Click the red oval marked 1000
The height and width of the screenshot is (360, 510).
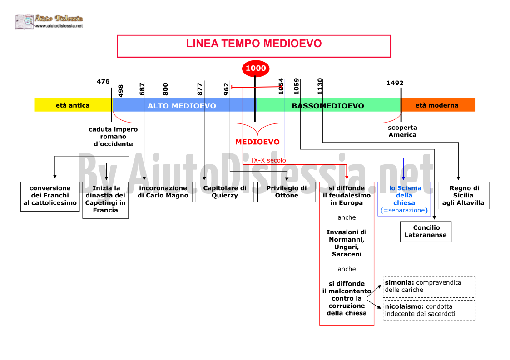click(256, 68)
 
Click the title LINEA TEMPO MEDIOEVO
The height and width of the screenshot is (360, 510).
click(254, 44)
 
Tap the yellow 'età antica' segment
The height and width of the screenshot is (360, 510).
click(73, 105)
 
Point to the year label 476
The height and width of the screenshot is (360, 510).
click(103, 81)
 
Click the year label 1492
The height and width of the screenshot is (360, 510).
click(395, 83)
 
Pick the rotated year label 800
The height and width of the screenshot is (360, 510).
click(166, 89)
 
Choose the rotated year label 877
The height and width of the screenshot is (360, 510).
click(200, 89)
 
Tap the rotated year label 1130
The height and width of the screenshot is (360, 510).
click(320, 87)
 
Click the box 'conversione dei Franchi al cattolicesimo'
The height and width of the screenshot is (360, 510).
click(50, 197)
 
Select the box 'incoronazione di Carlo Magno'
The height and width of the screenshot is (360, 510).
click(163, 192)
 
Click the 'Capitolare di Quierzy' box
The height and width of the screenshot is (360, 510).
click(225, 192)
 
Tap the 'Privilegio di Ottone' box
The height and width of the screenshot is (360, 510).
click(287, 192)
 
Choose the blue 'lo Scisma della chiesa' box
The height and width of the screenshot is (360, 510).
click(404, 199)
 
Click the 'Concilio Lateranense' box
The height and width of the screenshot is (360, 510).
click(426, 232)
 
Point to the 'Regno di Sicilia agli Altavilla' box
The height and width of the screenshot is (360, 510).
click(464, 196)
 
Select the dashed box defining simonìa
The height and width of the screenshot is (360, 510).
click(429, 287)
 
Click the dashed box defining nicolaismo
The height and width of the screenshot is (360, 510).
click(429, 311)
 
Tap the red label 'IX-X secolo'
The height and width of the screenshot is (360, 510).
click(268, 160)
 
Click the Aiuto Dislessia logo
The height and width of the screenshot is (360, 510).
click(49, 21)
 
